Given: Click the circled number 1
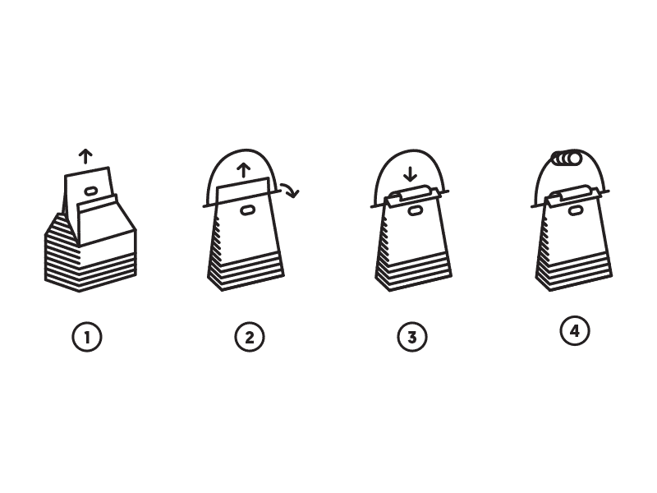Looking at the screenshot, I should point(87,337).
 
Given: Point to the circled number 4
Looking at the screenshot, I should point(574,331).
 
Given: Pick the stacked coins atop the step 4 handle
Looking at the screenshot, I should point(566,159).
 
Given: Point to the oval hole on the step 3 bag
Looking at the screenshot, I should point(415,211).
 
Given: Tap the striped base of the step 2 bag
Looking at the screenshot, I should point(246,268).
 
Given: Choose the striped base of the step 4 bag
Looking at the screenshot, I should point(574,268).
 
